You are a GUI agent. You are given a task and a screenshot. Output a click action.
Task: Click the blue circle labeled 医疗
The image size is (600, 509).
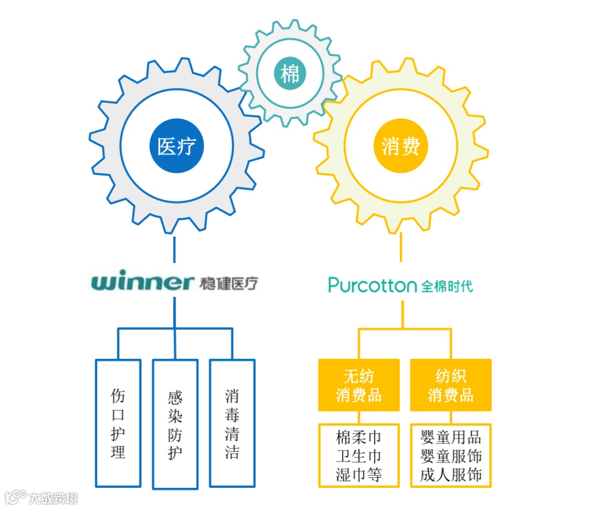[177, 146]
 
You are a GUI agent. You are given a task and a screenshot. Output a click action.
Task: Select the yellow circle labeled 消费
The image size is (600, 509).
[401, 146]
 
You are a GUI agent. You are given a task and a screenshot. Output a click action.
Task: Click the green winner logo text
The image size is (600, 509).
[142, 283]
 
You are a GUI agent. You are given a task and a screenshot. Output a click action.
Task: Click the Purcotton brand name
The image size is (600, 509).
[372, 286]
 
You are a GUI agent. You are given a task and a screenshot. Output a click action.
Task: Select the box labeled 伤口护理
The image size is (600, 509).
[118, 423]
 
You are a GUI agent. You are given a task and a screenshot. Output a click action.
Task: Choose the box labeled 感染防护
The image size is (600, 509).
[175, 424]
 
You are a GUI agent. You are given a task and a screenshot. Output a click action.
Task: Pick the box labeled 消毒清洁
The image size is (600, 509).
[232, 423]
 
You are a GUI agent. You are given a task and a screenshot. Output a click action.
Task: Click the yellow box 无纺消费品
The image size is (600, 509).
[358, 386]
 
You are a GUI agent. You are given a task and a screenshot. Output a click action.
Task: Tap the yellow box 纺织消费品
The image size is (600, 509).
[451, 386]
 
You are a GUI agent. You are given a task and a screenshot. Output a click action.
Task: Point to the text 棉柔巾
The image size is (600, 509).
[359, 437]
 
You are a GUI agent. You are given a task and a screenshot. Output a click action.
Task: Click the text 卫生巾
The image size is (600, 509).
[359, 456]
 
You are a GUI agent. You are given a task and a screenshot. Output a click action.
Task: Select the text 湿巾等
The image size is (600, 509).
[359, 475]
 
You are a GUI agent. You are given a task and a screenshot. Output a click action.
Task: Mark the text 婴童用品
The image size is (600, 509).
[451, 437]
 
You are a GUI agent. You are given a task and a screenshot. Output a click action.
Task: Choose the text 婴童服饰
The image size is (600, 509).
[451, 456]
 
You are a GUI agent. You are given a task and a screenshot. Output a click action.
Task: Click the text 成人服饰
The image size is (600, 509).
[451, 475]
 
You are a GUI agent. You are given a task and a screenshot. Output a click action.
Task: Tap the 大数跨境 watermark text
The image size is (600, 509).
[53, 497]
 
